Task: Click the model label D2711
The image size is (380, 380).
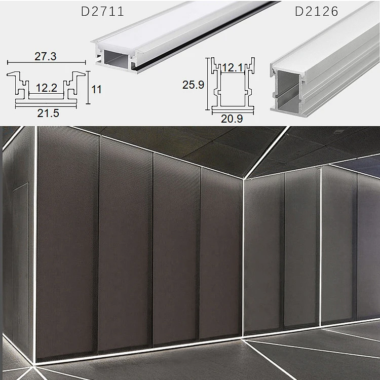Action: click(x=102, y=11)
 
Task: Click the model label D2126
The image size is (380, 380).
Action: click(x=317, y=11)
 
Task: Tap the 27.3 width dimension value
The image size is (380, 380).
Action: click(x=46, y=56)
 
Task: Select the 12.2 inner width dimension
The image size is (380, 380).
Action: click(x=47, y=88)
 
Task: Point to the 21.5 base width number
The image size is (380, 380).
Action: click(x=48, y=113)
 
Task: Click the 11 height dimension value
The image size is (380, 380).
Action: click(x=96, y=89)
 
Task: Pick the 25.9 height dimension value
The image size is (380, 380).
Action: click(x=193, y=85)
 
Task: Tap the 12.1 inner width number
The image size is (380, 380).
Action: click(x=233, y=67)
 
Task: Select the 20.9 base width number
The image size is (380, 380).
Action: click(x=232, y=119)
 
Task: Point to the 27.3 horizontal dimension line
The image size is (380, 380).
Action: click(x=46, y=62)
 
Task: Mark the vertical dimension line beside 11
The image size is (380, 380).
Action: click(x=88, y=88)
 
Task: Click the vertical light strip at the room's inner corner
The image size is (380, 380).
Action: click(x=243, y=257)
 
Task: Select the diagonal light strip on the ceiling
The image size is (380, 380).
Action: click(x=267, y=153)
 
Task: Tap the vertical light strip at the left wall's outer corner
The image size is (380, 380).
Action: click(x=35, y=244)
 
